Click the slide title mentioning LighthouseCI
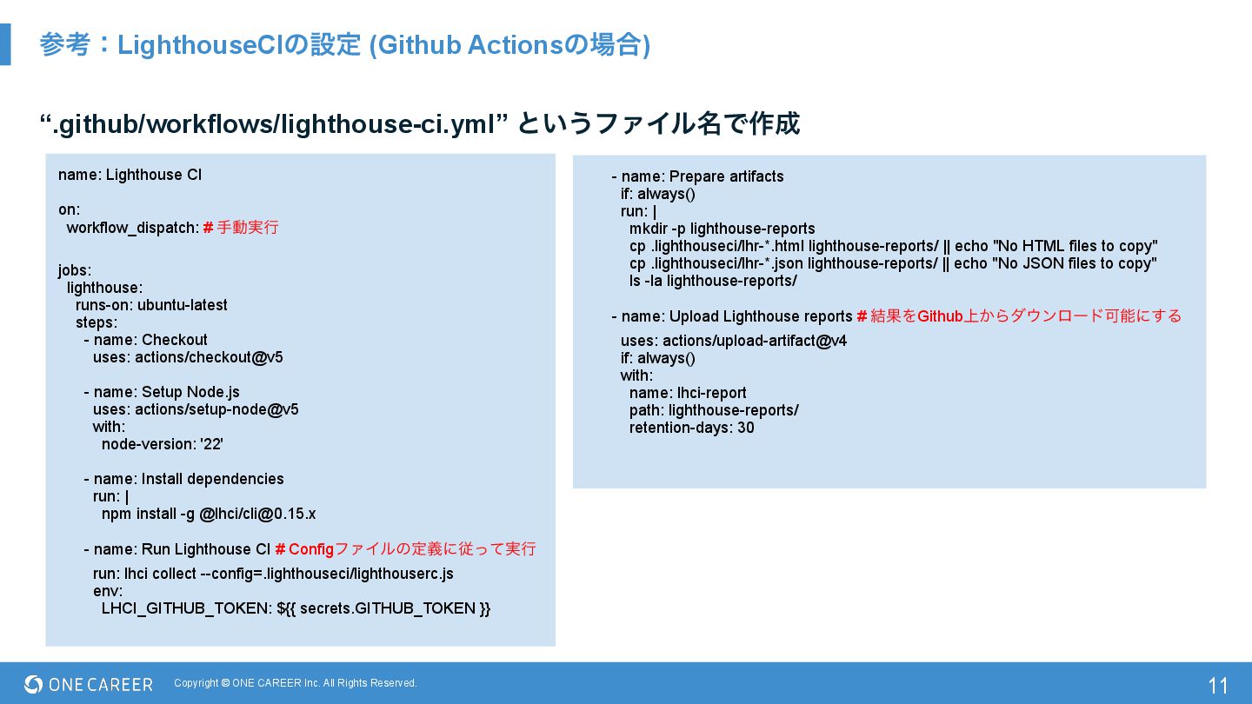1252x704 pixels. (344, 45)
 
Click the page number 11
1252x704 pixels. (1218, 686)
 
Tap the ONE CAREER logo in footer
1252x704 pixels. (89, 685)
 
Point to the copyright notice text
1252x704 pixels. (296, 683)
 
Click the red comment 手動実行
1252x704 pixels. (247, 228)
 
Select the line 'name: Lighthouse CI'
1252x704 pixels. (130, 175)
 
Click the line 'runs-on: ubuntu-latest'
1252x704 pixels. (151, 305)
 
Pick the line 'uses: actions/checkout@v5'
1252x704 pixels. (188, 357)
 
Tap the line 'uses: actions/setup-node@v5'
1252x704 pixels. (196, 409)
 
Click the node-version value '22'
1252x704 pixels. (211, 444)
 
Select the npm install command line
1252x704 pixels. (209, 514)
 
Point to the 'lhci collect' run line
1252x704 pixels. (273, 574)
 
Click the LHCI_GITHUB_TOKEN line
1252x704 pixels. (296, 608)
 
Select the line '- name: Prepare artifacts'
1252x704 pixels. (697, 176)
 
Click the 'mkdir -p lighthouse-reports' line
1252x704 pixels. (722, 229)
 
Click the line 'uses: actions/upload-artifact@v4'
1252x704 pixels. (733, 341)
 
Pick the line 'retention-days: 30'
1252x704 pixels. (691, 428)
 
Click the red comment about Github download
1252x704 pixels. (1026, 316)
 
